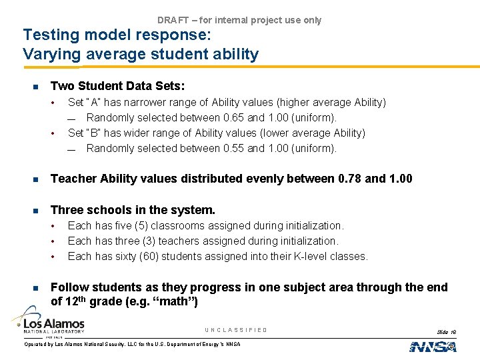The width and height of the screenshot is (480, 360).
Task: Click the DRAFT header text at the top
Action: pos(239,20)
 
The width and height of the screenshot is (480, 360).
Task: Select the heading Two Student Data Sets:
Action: pos(118,86)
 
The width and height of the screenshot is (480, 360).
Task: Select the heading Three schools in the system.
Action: pos(133,210)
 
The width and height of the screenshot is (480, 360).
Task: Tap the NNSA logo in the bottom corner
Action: pos(433,346)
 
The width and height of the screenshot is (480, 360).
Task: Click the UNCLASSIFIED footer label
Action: pos(236,330)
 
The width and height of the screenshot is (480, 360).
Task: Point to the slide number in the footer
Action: pos(446,331)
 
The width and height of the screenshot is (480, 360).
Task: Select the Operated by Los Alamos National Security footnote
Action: pos(132,344)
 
